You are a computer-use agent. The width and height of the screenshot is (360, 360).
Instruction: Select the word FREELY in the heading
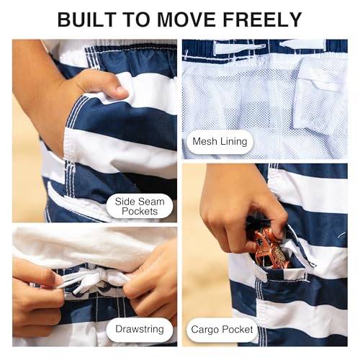tap(262, 19)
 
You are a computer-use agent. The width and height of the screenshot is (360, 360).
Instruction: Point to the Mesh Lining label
tap(220, 142)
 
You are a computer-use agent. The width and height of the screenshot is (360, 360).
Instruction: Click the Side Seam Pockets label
tap(140, 206)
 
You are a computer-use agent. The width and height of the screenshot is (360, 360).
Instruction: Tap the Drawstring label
tap(140, 329)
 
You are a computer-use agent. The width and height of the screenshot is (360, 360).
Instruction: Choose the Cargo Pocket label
tap(222, 330)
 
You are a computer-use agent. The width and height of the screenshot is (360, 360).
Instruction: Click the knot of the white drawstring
tap(102, 276)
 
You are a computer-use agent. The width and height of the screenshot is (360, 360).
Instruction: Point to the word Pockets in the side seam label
tap(140, 211)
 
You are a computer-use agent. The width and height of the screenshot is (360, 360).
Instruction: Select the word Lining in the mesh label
tap(234, 142)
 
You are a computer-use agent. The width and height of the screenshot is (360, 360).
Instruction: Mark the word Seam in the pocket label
tap(153, 202)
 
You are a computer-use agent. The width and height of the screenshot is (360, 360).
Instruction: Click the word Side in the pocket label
tap(127, 202)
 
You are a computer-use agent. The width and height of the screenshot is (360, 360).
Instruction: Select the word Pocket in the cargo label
tap(237, 330)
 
